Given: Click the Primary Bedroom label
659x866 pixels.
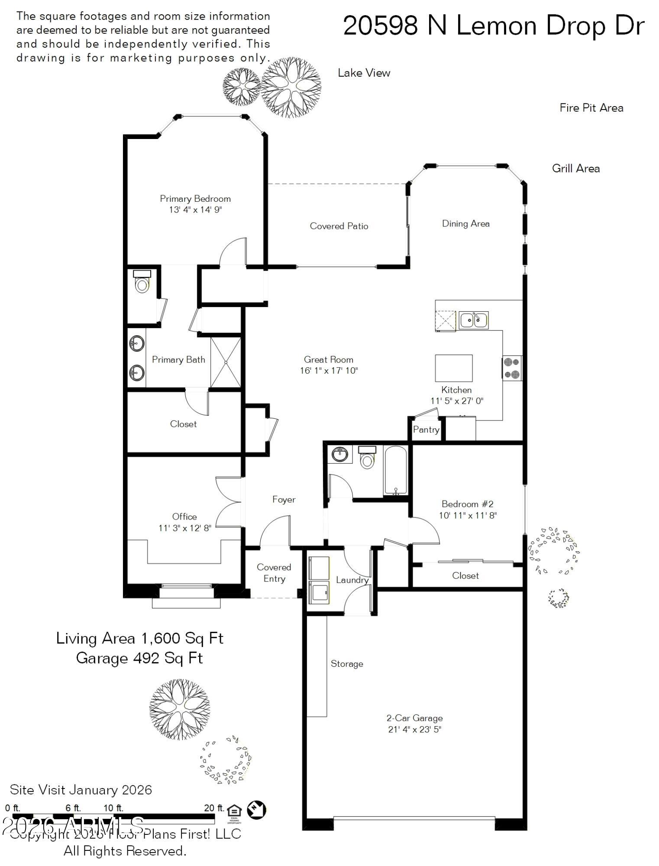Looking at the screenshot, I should coord(195,199).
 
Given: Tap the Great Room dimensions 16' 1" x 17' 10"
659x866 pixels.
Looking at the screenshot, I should coord(329,371).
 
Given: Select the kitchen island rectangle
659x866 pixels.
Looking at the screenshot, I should coord(453,368).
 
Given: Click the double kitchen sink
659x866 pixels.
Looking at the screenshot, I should coord(473,320).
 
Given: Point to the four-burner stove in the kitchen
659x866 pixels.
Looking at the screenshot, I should coord(512,368).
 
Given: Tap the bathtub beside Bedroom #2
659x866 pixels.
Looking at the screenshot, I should coord(395,471).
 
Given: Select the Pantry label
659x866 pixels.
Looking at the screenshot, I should coord(426,430).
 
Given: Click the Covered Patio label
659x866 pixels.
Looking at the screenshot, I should coord(339,226).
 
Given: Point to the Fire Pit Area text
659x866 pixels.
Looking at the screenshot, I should coord(591,108).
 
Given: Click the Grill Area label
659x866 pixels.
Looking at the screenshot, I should coord(575,168).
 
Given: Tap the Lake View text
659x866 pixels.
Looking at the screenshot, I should coord(364,73).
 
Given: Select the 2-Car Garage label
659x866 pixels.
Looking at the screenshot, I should coord(414,718).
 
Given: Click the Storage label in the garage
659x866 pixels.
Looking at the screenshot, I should coord(346,664).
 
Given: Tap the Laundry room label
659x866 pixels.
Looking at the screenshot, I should coord(352,580).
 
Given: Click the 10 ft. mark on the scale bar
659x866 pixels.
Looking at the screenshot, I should coord(113,808).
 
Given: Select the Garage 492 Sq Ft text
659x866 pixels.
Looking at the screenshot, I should coord(139,658).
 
